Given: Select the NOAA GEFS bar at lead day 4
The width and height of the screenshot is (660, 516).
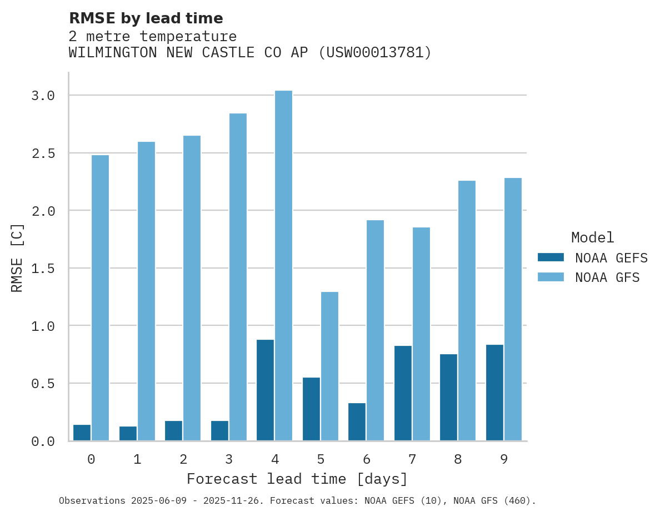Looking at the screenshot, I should pos(265,390).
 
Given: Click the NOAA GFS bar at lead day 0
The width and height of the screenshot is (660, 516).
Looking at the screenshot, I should pos(100,297).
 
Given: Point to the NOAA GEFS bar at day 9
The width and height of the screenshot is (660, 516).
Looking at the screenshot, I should pos(494,393).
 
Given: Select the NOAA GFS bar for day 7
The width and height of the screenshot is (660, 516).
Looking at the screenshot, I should pos(421,334).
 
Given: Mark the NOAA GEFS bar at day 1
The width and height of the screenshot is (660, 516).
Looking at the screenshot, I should pos(128,433).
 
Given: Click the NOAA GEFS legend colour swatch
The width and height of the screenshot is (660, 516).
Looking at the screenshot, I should pos(551,257).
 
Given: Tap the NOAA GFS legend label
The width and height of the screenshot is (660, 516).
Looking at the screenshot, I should pos(607,277).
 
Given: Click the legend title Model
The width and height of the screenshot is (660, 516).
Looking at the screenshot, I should pos(592,237).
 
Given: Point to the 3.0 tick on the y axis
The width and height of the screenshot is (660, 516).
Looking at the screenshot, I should pos(43,96).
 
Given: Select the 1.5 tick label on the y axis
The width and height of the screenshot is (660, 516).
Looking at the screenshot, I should pos(43,269).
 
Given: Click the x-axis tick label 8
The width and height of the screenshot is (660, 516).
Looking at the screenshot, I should pos(457,459).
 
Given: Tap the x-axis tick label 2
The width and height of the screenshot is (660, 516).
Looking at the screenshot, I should pos(183,459).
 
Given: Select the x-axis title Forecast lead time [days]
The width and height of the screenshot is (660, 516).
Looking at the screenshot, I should pos(297,479).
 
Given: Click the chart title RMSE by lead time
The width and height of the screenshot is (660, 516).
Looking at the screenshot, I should pos(146,18).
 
